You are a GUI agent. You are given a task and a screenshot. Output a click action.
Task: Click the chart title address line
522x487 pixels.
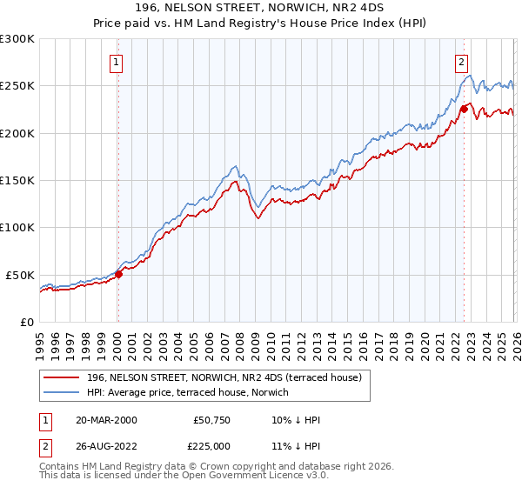261,8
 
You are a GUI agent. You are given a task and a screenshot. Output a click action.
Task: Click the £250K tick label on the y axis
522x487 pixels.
17,86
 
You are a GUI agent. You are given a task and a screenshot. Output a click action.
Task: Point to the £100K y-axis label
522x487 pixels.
17,227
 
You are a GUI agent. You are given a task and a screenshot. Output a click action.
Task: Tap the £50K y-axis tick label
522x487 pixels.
21,275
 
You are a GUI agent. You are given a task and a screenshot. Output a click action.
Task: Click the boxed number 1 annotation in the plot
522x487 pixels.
117,62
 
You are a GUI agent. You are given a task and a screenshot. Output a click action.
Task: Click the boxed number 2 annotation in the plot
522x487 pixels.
460,62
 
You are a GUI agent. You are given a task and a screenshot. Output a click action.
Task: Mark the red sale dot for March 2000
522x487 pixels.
118,274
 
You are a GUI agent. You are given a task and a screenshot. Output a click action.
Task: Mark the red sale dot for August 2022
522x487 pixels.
464,109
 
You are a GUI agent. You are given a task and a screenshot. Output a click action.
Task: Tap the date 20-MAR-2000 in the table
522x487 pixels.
106,420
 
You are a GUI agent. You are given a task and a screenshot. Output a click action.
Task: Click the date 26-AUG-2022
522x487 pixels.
106,445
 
